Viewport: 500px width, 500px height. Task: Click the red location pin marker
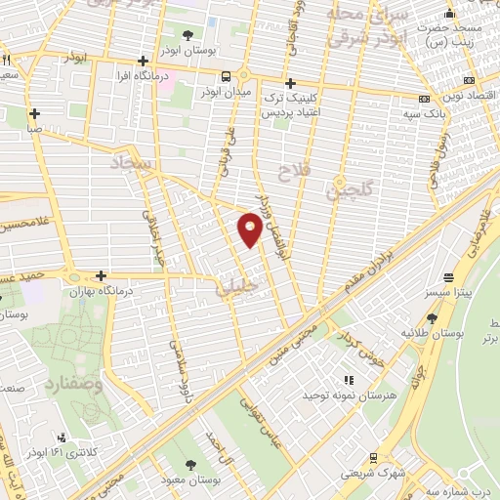point(250,230)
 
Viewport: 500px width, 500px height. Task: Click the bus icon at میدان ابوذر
point(226,76)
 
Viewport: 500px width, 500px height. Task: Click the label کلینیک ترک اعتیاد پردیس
point(291,106)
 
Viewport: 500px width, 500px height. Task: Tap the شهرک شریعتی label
point(369,473)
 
